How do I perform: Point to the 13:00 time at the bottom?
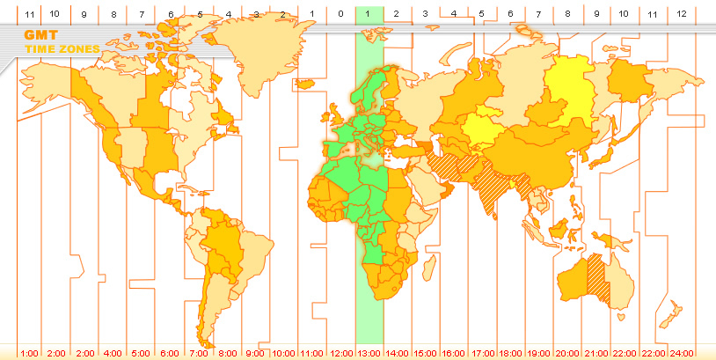(369, 353)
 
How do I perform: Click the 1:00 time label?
(28, 353)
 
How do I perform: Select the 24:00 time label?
(682, 353)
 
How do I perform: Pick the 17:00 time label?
(483, 353)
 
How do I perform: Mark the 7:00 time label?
(199, 353)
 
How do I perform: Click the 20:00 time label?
(567, 353)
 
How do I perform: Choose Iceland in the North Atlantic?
(307, 84)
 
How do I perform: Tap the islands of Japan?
(603, 154)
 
